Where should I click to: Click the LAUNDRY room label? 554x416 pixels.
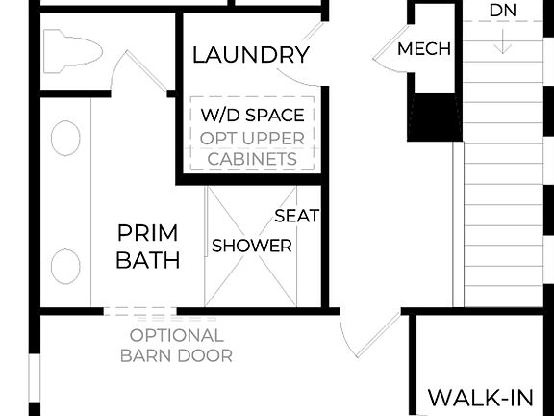pyautogui.click(x=251, y=54)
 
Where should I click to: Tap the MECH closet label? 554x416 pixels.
pyautogui.click(x=424, y=49)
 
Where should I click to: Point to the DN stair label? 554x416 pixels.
pyautogui.click(x=502, y=11)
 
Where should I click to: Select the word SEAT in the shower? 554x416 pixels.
pyautogui.click(x=296, y=216)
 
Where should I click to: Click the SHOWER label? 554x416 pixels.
pyautogui.click(x=252, y=246)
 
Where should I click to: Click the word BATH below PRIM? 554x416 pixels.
pyautogui.click(x=147, y=260)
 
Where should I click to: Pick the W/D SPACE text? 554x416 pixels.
pyautogui.click(x=253, y=116)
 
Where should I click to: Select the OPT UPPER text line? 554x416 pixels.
pyautogui.click(x=253, y=138)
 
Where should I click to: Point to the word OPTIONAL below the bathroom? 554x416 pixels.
pyautogui.click(x=177, y=336)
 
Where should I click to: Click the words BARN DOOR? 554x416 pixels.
pyautogui.click(x=177, y=356)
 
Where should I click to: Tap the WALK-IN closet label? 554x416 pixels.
pyautogui.click(x=479, y=398)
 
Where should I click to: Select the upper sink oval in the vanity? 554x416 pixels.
pyautogui.click(x=65, y=139)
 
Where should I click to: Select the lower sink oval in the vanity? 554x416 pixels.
pyautogui.click(x=65, y=266)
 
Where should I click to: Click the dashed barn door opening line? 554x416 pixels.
pyautogui.click(x=139, y=311)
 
